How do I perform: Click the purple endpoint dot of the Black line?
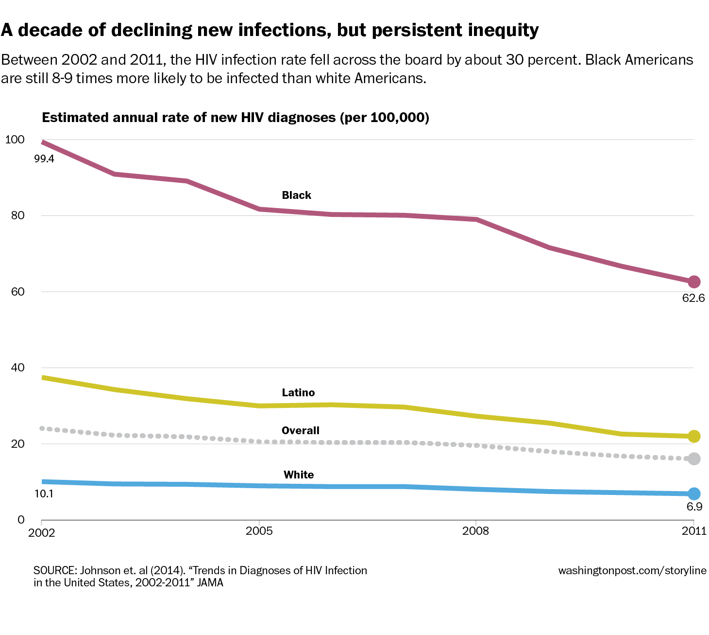pos(694,282)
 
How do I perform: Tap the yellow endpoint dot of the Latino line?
pos(694,436)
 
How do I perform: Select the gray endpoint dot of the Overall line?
pos(694,459)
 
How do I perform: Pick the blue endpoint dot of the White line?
pos(694,494)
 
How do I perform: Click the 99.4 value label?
pos(44,159)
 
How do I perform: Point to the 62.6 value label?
pos(693,298)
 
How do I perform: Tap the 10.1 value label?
pos(44,494)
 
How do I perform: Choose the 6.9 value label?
pos(694,507)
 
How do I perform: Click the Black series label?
pos(296,195)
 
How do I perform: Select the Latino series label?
pos(298,393)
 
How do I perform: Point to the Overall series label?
pos(301,430)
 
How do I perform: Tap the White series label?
pos(299,475)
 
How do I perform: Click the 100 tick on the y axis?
pos(15,140)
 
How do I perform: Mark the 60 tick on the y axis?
pos(17,292)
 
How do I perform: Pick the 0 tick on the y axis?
pos(21,520)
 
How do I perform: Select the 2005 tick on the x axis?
pos(259,530)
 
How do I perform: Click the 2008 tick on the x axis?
pos(475,530)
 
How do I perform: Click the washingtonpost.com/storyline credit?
pos(632,570)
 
